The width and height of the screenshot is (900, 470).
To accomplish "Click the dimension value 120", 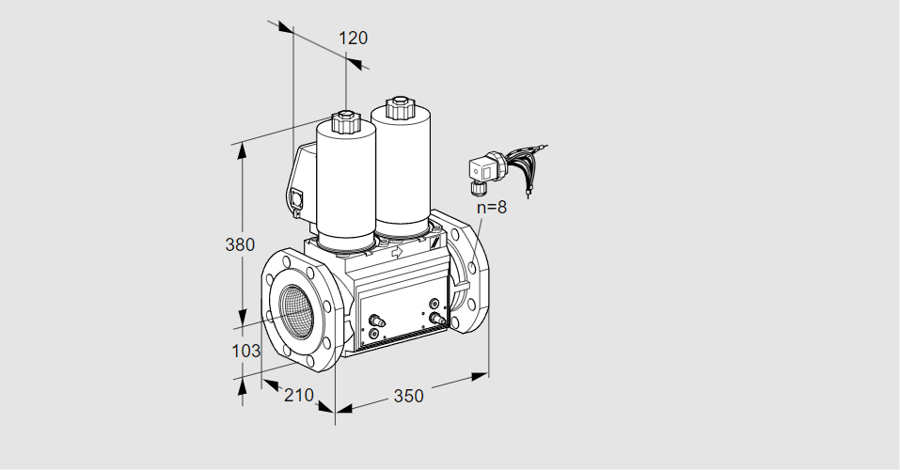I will coord(353,39).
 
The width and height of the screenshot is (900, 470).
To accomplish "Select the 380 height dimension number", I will coord(240,245).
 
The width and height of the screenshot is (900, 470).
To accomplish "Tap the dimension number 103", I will coord(245,351).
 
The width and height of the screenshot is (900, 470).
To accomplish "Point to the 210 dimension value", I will coord(298,395).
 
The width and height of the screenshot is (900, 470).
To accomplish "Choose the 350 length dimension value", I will coord(408,396).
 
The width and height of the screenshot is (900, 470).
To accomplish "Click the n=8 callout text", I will coord(491,208).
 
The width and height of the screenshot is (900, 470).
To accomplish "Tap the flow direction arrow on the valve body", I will coord(397,252).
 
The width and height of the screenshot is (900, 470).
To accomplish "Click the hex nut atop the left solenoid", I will coord(345,121).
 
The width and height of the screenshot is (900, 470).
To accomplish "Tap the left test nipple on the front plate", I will coord(376,321).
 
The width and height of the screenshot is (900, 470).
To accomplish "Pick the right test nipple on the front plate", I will coord(434,318).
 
